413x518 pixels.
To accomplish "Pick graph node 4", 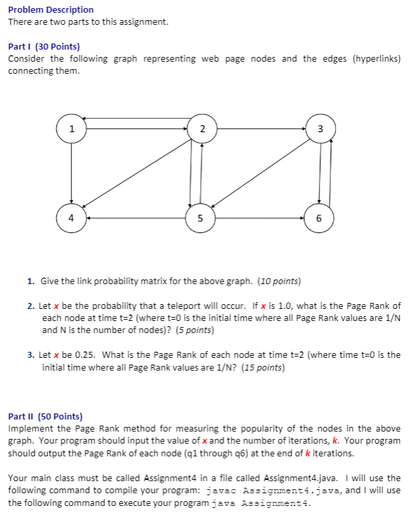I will pos(72,218).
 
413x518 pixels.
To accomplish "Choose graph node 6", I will pos(319,218).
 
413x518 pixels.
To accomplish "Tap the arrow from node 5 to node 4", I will pos(134,218).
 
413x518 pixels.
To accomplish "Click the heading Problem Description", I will pos(51,10).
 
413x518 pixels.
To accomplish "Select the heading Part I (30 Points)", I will pos(44,47).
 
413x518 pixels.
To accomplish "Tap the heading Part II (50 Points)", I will pos(45,416).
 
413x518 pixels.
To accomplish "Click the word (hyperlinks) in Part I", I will pos(376,59).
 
